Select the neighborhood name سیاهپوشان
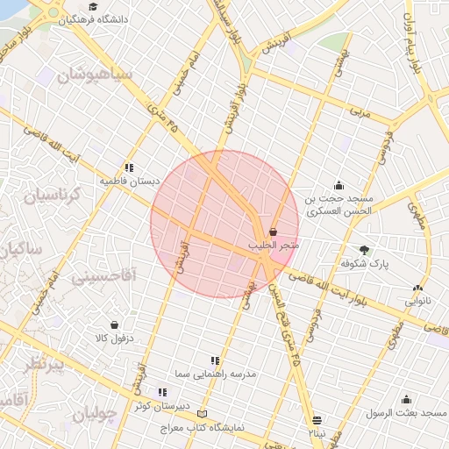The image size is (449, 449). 94,75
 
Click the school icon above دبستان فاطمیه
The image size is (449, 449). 130,167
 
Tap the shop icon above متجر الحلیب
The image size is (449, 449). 274,232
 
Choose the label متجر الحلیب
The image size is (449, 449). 274,246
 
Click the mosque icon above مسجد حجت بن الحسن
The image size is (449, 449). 339,185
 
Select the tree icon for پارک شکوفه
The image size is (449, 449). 365,249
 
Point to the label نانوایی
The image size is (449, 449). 417,300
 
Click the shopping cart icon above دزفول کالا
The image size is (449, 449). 115,324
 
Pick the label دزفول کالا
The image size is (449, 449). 114,338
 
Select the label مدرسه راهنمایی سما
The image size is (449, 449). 226,374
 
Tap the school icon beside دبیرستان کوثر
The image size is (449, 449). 161,392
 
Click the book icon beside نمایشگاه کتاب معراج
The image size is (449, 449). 203,414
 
